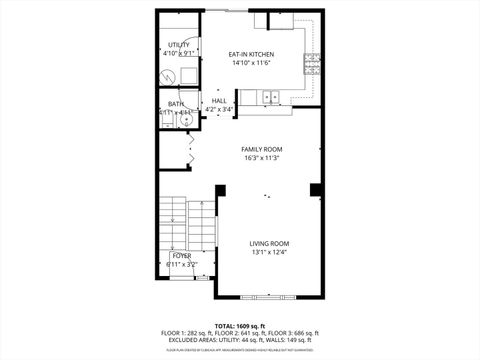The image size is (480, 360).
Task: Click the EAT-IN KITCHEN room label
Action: pyautogui.click(x=250, y=54)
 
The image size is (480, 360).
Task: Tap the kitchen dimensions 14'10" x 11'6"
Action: pyautogui.click(x=250, y=63)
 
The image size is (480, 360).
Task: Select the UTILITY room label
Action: pyautogui.click(x=179, y=45)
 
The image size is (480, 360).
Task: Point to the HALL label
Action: pyautogui.click(x=219, y=101)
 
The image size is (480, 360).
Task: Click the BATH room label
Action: pyautogui.click(x=175, y=104)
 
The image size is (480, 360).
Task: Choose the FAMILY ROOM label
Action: pyautogui.click(x=261, y=149)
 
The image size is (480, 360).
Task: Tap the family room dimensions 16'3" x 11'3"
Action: pyautogui.click(x=261, y=158)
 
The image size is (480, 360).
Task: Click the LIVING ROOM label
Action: pyautogui.click(x=269, y=243)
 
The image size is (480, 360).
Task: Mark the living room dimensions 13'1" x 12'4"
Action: pyautogui.click(x=269, y=252)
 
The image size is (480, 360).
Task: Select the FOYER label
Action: pyautogui.click(x=182, y=256)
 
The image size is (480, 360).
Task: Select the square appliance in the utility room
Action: pyautogui.click(x=188, y=74)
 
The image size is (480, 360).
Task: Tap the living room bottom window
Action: pyautogui.click(x=270, y=297)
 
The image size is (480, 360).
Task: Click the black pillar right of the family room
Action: pyautogui.click(x=316, y=189)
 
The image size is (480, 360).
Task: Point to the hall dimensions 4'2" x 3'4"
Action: pyautogui.click(x=219, y=110)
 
